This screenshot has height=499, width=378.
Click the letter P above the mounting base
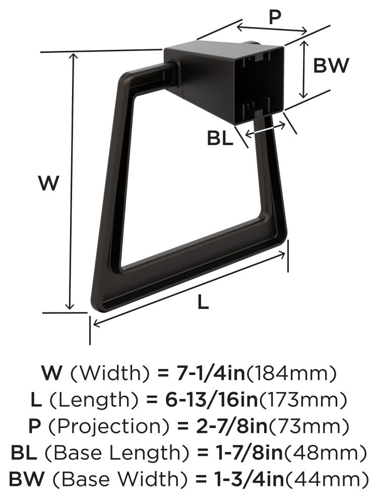click(275, 17)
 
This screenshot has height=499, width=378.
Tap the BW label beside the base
click(331, 66)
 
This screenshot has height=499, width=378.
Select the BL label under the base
click(220, 139)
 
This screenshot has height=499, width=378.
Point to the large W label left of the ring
click(49, 183)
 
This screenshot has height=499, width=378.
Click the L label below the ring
click(203, 302)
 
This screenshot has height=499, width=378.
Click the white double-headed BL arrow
click(266, 130)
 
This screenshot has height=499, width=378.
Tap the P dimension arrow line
click(272, 28)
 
